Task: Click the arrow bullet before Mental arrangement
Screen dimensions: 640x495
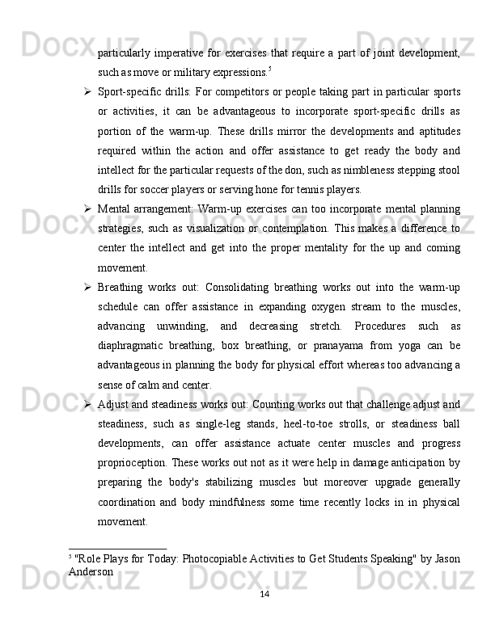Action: (x=84, y=210)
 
